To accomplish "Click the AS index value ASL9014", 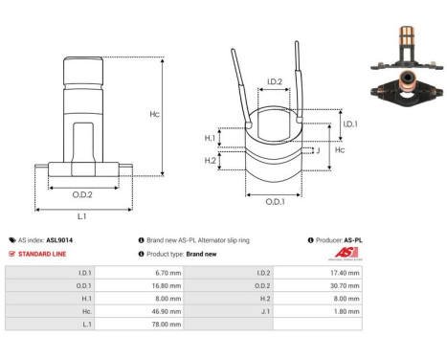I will [x=59, y=240].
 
